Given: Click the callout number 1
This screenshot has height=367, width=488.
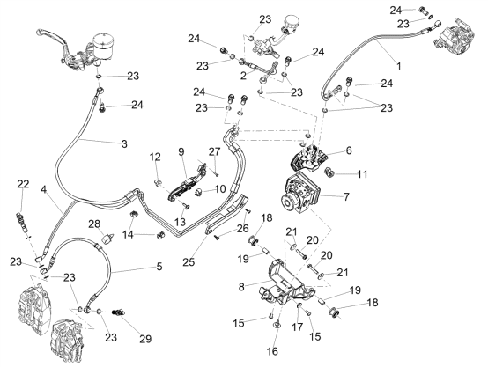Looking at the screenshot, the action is [x=399, y=66].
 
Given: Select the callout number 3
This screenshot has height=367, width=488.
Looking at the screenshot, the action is [x=124, y=144].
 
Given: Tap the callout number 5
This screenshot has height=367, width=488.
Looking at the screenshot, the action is [x=159, y=267].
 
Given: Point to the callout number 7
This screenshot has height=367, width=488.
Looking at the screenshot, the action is [x=346, y=196].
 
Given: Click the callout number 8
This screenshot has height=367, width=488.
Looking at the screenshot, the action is [x=242, y=287].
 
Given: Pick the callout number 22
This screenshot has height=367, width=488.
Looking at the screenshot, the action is [x=23, y=184].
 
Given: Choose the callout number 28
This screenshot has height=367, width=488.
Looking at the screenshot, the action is [x=94, y=224].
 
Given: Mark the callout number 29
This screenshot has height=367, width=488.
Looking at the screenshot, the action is [x=145, y=339].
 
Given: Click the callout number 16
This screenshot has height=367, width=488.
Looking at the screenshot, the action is [x=272, y=351].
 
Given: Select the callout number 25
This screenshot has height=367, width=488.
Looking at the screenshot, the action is [x=189, y=262].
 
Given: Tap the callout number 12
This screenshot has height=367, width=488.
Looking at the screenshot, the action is [x=155, y=157].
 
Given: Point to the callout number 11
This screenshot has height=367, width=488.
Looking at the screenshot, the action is [x=362, y=174].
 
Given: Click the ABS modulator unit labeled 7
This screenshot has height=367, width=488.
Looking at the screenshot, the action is [x=297, y=192].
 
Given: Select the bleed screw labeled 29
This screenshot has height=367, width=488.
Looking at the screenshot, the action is [x=118, y=312].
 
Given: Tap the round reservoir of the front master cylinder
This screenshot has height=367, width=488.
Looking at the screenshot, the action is [x=104, y=46].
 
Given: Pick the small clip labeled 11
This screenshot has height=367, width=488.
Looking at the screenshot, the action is [x=329, y=172].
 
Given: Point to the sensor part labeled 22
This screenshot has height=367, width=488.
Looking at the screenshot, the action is [x=22, y=223].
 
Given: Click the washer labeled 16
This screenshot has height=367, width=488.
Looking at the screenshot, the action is [x=276, y=325].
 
